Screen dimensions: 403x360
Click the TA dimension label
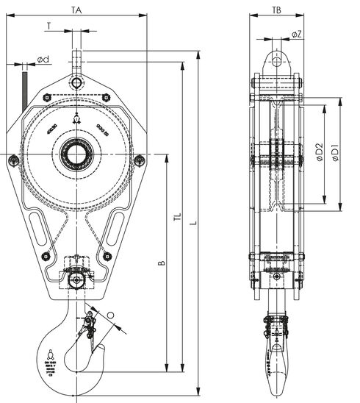pyautogui.click(x=76, y=10)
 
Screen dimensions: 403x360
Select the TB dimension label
pyautogui.click(x=276, y=10)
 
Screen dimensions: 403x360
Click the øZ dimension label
pyautogui.click(x=295, y=35)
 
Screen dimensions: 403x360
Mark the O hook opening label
pyautogui.click(x=110, y=315)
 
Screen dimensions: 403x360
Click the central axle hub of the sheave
pyautogui.click(x=76, y=154)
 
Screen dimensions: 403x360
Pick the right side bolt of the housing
pyautogui.click(x=140, y=160)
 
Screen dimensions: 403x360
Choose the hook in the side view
pyautogui.click(x=276, y=357)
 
